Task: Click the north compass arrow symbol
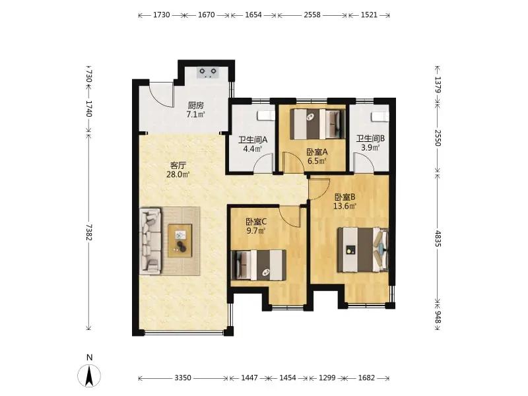click(89, 376)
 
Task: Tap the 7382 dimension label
click(89, 232)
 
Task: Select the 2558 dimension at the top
click(312, 15)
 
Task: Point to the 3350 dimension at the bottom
click(183, 378)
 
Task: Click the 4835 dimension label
click(438, 238)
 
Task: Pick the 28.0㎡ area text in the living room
click(178, 174)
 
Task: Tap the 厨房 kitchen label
click(195, 106)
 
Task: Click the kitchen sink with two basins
click(208, 73)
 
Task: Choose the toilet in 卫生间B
click(380, 117)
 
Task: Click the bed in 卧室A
click(317, 123)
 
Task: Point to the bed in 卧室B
click(363, 249)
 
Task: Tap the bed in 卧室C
click(259, 265)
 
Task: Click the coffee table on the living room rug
click(180, 241)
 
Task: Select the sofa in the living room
click(150, 241)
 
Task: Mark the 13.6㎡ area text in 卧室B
click(345, 206)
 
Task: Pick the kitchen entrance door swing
click(162, 95)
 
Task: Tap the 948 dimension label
click(438, 317)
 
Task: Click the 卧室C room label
click(256, 222)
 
